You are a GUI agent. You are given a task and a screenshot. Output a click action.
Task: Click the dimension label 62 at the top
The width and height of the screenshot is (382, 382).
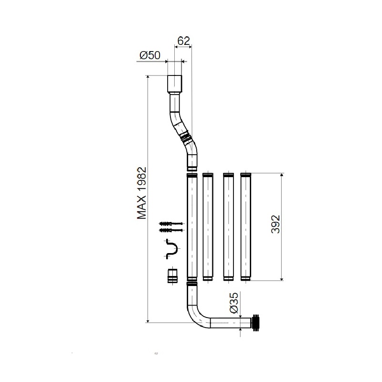tap(184, 41)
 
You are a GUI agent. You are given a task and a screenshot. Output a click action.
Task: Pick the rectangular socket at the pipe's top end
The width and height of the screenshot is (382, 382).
tap(175, 84)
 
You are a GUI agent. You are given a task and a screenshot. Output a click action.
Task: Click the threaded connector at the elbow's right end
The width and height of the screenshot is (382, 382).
tap(256, 323)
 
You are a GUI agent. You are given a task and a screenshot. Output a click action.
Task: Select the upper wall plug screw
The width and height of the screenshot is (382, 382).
tap(170, 224)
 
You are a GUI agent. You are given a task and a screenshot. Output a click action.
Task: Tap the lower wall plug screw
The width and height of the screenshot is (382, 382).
tap(170, 231)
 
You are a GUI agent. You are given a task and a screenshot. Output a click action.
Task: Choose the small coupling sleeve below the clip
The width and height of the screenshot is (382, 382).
tap(172, 277)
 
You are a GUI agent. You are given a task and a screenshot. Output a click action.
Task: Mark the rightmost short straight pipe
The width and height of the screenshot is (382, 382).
tap(245, 227)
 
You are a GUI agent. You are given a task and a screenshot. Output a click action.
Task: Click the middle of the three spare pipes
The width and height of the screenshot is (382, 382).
tap(228, 227)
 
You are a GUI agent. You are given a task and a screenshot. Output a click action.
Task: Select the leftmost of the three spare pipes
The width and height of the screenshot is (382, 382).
tap(208, 227)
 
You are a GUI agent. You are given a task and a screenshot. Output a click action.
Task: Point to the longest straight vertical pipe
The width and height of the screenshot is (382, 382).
tap(191, 227)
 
